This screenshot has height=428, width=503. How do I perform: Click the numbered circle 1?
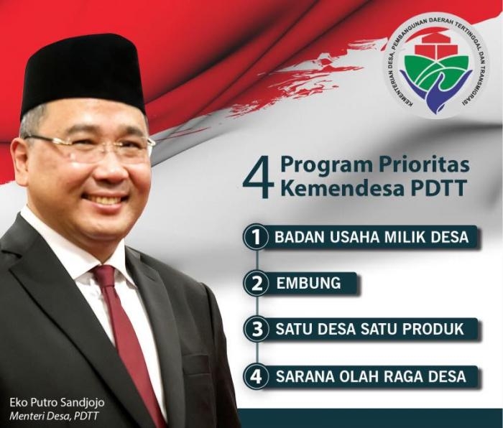254,237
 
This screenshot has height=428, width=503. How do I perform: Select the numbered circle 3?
254,330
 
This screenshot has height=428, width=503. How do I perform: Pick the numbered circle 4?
254,376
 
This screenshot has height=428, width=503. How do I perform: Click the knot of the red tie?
105,276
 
